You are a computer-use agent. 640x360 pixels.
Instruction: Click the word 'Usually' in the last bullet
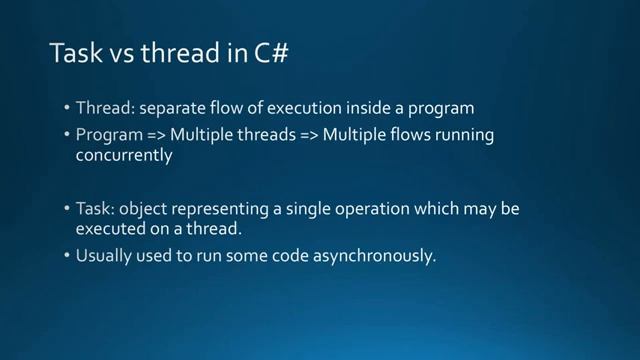tap(103, 255)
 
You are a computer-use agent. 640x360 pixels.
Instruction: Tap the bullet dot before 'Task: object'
tap(66, 211)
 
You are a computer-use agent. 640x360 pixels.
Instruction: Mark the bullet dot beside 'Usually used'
tap(66, 256)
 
